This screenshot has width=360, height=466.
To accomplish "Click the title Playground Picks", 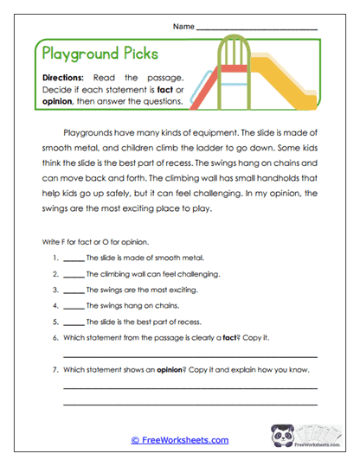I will (x=100, y=54).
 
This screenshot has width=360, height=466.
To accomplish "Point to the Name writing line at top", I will (x=257, y=29).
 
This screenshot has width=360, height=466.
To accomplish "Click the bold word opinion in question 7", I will (x=169, y=370).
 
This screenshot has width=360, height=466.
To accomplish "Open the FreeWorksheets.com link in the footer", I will (x=179, y=440).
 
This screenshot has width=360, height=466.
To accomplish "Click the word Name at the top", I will (x=183, y=26).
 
